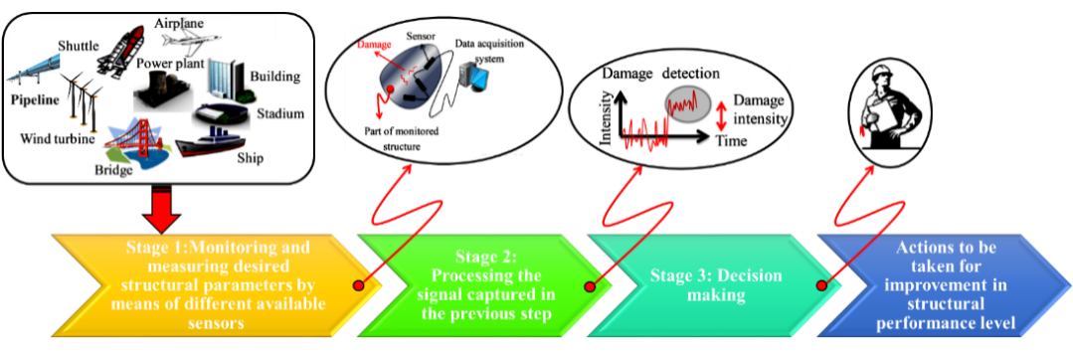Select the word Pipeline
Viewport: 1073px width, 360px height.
point(37,100)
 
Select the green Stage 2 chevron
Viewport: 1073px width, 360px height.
point(488,284)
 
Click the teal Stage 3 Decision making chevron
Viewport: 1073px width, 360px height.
point(707,284)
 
